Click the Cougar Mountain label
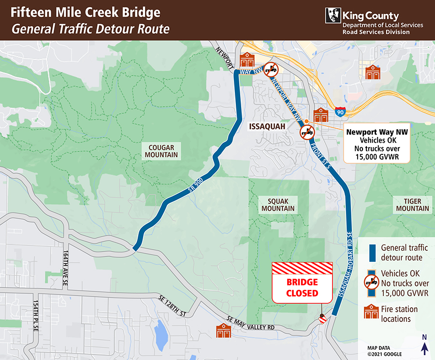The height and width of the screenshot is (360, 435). pyautogui.click(x=161, y=151)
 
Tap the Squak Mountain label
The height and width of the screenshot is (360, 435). pyautogui.click(x=278, y=205)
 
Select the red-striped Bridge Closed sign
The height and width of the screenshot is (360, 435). pyautogui.click(x=302, y=283)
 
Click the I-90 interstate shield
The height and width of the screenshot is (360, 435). pyautogui.click(x=341, y=112)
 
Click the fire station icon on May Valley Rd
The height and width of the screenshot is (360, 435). pyautogui.click(x=223, y=330)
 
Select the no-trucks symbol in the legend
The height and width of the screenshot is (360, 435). pyautogui.click(x=371, y=283)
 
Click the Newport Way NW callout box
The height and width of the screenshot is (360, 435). pyautogui.click(x=377, y=144)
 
